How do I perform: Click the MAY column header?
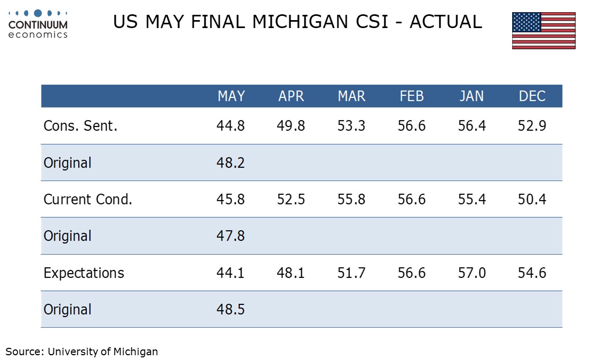pyautogui.click(x=231, y=96)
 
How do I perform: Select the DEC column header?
pyautogui.click(x=532, y=96)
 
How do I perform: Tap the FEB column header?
pyautogui.click(x=412, y=96)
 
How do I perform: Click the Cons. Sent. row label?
pyautogui.click(x=80, y=125)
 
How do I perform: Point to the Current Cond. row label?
pyautogui.click(x=88, y=199)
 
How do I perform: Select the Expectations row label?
pyautogui.click(x=84, y=273)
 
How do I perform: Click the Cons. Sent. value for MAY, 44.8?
pyautogui.click(x=230, y=125)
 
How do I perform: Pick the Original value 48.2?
pyautogui.click(x=230, y=163)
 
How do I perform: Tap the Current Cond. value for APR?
pyautogui.click(x=291, y=199)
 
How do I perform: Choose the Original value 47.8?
pyautogui.click(x=230, y=236)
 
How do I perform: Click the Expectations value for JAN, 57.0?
pyautogui.click(x=472, y=273)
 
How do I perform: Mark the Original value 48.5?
pyautogui.click(x=230, y=310)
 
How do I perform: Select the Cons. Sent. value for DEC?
pyautogui.click(x=532, y=125)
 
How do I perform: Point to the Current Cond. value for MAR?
pyautogui.click(x=351, y=199)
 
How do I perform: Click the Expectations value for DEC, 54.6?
pyautogui.click(x=532, y=273)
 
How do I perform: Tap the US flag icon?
pyautogui.click(x=544, y=31)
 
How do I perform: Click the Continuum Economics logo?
pyautogui.click(x=38, y=24)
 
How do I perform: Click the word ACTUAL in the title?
pyautogui.click(x=446, y=22)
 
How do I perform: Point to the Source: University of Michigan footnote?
pyautogui.click(x=81, y=352)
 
